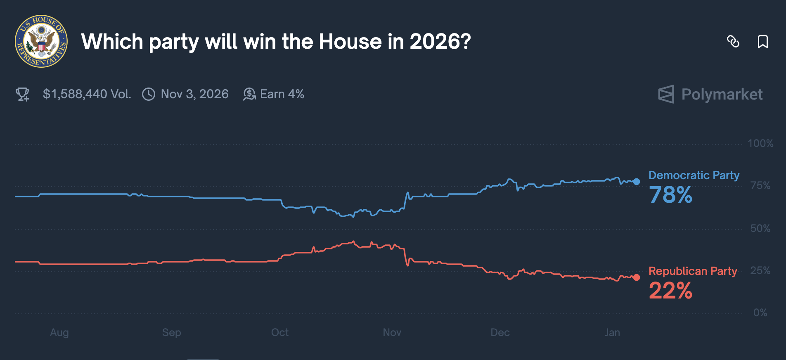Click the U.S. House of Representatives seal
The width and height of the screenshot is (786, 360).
click(x=41, y=41)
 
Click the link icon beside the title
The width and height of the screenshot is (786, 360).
click(x=733, y=41)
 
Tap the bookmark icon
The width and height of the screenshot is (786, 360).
click(x=762, y=41)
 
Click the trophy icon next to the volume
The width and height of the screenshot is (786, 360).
click(x=22, y=94)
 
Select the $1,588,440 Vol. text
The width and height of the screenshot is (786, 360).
click(x=87, y=94)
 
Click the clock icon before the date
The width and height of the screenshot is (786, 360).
click(x=149, y=94)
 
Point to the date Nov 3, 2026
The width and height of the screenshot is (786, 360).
click(x=194, y=94)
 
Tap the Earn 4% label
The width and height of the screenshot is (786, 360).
click(x=282, y=94)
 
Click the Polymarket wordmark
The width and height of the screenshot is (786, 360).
click(x=722, y=94)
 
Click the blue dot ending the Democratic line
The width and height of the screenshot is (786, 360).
click(x=637, y=182)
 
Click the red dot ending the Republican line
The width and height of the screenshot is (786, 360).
click(x=637, y=277)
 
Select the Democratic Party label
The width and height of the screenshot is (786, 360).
click(x=694, y=175)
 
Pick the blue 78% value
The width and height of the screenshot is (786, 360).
click(x=670, y=195)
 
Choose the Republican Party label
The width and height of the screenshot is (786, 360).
click(x=693, y=271)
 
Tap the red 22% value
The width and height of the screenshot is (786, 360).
click(x=670, y=291)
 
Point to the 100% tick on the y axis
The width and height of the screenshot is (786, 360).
click(x=760, y=144)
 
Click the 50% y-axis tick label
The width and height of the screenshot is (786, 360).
click(x=760, y=229)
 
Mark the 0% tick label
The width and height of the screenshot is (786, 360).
click(x=760, y=313)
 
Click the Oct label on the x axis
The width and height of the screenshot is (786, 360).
click(x=280, y=333)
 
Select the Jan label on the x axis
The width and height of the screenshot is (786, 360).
click(x=612, y=333)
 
